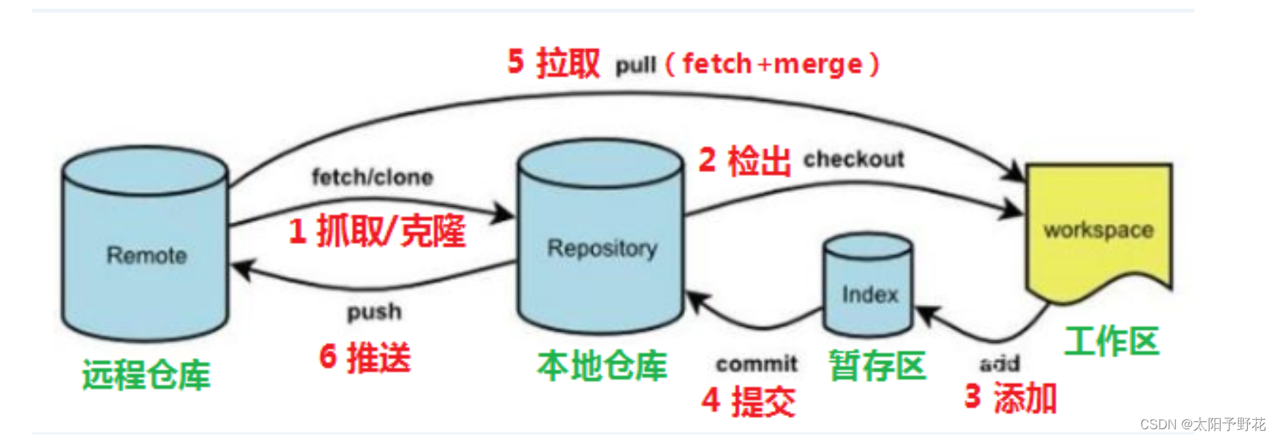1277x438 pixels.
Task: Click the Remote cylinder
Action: tap(145, 245)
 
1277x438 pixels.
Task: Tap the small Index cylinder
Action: tap(868, 287)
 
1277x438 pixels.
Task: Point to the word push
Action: tap(374, 312)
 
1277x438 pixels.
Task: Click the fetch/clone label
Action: tap(372, 177)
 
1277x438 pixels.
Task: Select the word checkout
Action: tap(853, 159)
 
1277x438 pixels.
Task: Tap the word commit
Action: tap(757, 363)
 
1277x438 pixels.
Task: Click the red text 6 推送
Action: tap(365, 358)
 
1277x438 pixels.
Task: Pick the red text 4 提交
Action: tap(748, 401)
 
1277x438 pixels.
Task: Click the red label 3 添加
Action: tap(1011, 398)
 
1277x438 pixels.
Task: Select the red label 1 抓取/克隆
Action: tap(377, 231)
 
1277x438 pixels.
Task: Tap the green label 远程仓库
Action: tap(146, 375)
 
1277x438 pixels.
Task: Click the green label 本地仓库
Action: tap(602, 365)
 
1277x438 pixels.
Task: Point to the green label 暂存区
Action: tap(877, 365)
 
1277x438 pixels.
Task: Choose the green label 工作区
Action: tap(1111, 341)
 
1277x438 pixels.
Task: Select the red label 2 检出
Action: tap(744, 160)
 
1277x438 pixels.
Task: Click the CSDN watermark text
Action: tap(1202, 424)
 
